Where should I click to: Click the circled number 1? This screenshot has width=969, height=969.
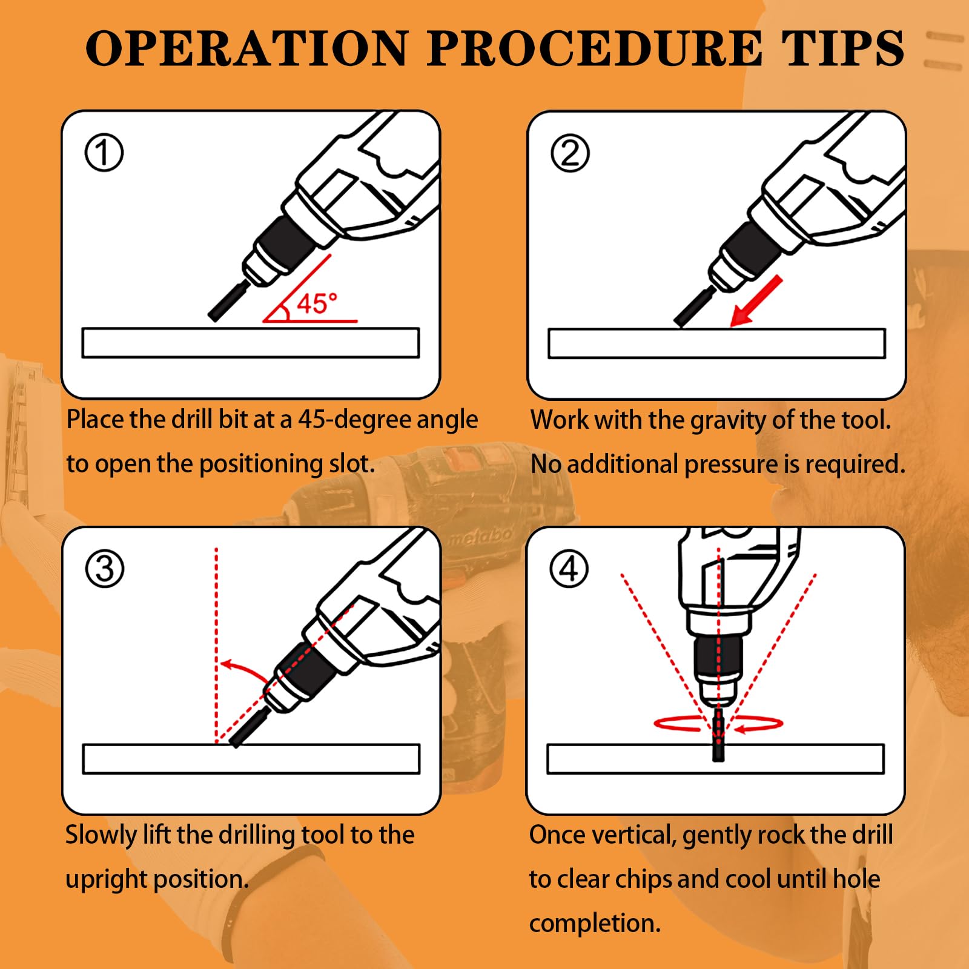click(x=104, y=153)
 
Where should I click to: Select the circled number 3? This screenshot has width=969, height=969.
click(x=105, y=569)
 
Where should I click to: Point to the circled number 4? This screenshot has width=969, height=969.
click(x=569, y=569)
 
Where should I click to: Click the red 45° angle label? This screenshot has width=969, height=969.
click(x=316, y=303)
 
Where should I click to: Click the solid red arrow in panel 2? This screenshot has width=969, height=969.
click(x=756, y=302)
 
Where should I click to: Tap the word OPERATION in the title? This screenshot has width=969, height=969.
click(x=247, y=48)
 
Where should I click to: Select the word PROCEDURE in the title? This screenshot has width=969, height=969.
click(x=594, y=48)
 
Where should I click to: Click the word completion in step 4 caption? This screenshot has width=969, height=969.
click(x=595, y=924)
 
